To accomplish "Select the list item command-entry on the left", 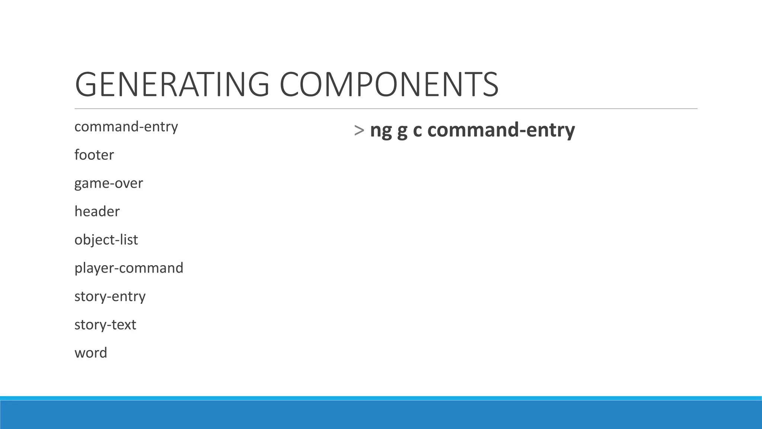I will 126,127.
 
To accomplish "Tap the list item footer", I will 94,155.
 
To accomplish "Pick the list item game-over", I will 109,183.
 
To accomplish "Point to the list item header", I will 97,212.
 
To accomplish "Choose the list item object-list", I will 106,240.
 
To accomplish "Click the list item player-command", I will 129,268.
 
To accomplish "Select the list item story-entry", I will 110,296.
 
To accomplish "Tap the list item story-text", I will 105,325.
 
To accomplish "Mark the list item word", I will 91,353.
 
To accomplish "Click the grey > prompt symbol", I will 359,130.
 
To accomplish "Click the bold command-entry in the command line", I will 501,130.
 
